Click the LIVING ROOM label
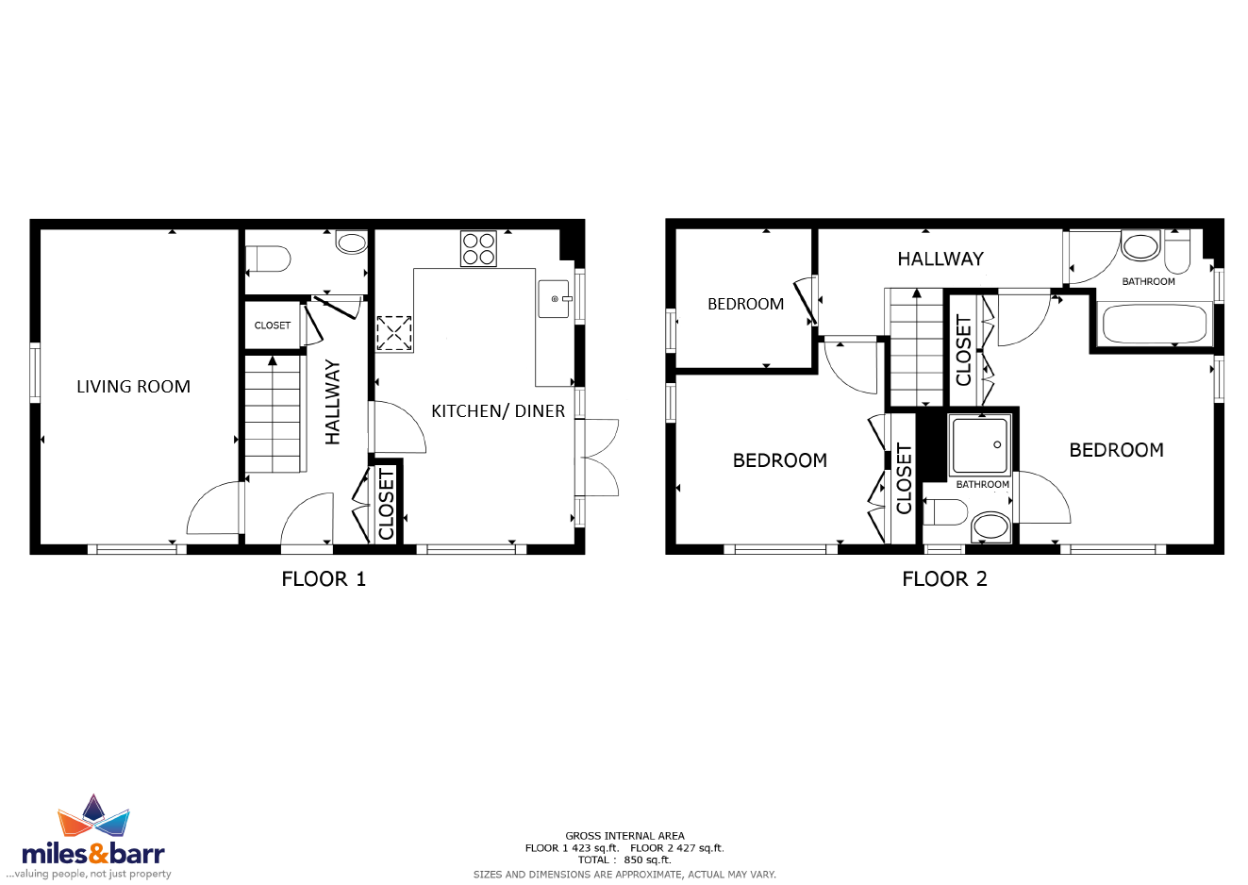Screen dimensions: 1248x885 click(x=133, y=386)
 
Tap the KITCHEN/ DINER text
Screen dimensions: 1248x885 click(x=498, y=411)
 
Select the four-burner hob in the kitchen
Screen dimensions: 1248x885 click(x=478, y=248)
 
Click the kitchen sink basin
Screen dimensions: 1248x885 click(x=554, y=299)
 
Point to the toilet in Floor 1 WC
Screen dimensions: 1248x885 click(x=268, y=259)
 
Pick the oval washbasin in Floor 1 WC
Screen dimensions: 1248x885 click(x=351, y=242)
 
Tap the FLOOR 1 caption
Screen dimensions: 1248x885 click(x=324, y=579)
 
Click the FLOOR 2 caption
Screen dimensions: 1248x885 click(x=944, y=579)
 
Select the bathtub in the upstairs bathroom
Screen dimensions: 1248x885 click(x=1155, y=324)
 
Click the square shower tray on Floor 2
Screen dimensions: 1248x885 click(x=980, y=445)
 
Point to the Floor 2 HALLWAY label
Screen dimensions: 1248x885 click(x=940, y=259)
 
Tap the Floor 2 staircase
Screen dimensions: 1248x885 click(x=916, y=348)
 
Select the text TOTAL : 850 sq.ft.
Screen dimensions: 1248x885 click(x=624, y=860)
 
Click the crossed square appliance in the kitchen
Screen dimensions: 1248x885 click(x=394, y=333)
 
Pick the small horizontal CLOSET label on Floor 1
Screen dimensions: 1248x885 click(x=273, y=326)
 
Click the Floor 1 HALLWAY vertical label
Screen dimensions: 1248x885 click(x=333, y=402)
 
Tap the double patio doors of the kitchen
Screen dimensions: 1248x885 click(x=597, y=458)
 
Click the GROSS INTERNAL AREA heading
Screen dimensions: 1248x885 click(x=624, y=836)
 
